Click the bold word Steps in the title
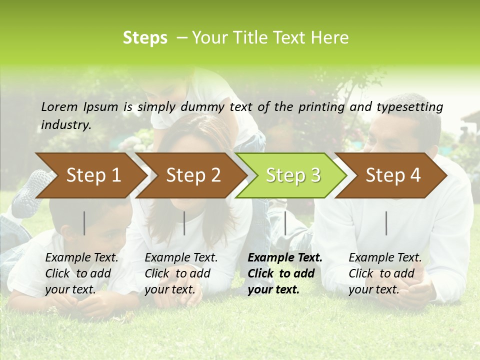(145, 38)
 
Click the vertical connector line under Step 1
(84, 223)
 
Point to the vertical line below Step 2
(184, 223)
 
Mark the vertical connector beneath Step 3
(285, 223)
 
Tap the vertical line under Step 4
(386, 223)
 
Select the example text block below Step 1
(81, 273)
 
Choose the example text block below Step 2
(181, 273)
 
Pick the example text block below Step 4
(385, 273)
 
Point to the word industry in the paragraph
(66, 124)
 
